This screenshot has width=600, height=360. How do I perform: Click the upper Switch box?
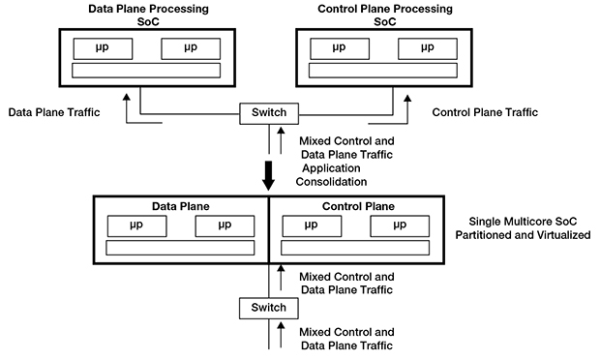point(269,113)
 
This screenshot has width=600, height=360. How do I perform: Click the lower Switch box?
point(269,308)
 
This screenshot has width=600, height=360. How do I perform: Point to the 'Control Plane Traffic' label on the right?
point(484,113)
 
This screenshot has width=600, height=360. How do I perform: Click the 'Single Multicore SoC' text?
point(522,222)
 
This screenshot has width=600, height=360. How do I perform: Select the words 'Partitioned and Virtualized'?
point(522,236)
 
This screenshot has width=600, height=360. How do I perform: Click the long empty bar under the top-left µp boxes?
point(147,70)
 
